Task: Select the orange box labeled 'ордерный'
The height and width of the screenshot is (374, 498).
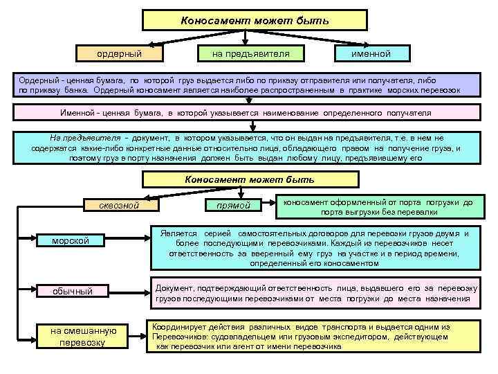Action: click(x=118, y=53)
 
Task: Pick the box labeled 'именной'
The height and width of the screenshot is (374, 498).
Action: click(x=371, y=53)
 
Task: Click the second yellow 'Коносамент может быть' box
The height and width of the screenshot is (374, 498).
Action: click(x=249, y=180)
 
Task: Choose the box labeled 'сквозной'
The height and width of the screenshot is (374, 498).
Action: click(x=120, y=205)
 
